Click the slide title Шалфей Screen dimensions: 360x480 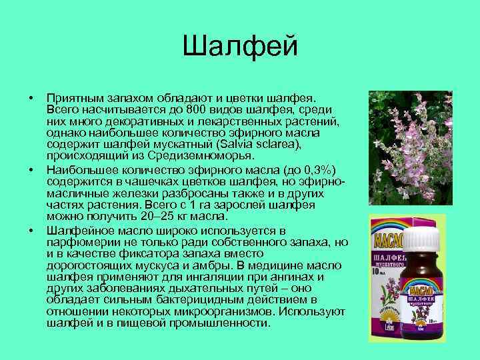(x=239, y=47)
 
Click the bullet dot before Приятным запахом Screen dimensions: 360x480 (x=31, y=99)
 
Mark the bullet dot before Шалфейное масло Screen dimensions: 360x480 (x=31, y=229)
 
